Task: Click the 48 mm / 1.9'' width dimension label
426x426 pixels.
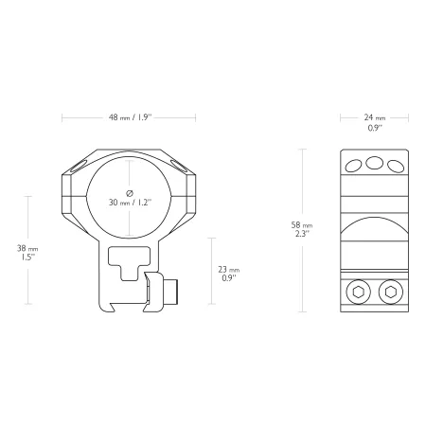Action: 130,117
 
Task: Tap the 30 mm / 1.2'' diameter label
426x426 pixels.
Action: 130,203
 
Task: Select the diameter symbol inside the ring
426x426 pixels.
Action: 130,193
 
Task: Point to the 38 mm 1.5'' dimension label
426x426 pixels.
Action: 27,253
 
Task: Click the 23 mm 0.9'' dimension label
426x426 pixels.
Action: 229,274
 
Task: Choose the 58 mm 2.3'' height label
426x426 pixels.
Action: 302,229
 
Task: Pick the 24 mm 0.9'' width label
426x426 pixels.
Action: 375,122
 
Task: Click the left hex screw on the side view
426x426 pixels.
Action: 358,293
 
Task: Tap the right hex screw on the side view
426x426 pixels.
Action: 391,293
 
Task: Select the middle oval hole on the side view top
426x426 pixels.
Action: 374,163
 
